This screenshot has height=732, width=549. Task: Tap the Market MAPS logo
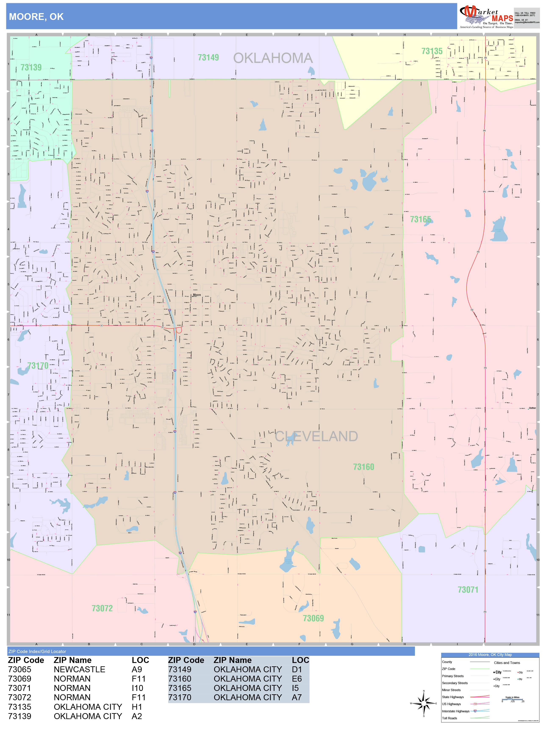point(485,17)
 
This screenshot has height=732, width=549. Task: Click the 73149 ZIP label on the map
point(208,58)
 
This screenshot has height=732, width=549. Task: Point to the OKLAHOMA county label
point(273,58)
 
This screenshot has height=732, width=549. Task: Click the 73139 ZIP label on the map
point(31,68)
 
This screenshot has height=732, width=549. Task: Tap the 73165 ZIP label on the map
point(420,219)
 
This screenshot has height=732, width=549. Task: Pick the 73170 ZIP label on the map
point(38,366)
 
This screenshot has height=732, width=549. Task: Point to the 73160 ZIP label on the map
point(363,467)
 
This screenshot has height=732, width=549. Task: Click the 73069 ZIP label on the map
point(313,618)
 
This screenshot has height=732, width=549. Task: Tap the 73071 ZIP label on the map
point(468,590)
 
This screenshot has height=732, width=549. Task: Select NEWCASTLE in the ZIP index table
point(79,670)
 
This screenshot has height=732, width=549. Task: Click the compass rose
point(424,703)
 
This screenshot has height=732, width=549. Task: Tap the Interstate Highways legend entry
point(455,711)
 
